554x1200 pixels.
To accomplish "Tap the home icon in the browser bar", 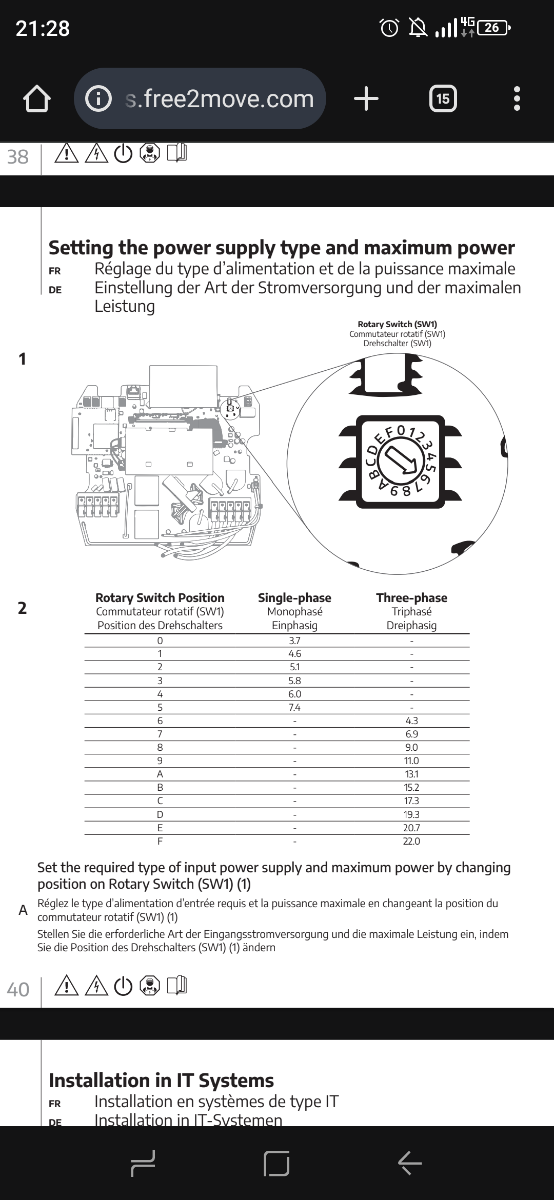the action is click(x=36, y=99).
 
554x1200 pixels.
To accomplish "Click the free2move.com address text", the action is click(x=219, y=99).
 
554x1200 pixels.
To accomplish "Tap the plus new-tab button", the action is click(x=366, y=99).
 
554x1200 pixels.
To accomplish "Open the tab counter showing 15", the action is click(x=443, y=99).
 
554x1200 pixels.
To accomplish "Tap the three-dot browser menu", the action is click(x=517, y=99).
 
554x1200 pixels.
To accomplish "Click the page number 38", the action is click(x=18, y=157).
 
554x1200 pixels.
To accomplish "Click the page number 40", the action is click(x=18, y=989).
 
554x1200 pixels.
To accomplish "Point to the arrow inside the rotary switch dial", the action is click(x=401, y=460).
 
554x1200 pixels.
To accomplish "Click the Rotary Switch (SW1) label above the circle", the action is click(x=398, y=324).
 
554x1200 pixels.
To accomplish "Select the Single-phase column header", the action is click(x=295, y=598).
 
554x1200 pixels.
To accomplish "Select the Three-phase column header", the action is click(x=411, y=598).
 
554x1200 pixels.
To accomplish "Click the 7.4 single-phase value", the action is click(x=295, y=708).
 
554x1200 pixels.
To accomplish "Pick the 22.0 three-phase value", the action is click(x=411, y=842).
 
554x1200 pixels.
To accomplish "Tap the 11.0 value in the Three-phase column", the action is click(x=411, y=761).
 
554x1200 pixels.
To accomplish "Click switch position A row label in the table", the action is click(x=160, y=774).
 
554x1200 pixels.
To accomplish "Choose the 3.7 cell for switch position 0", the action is click(x=295, y=641).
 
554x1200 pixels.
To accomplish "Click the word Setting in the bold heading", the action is click(x=81, y=249).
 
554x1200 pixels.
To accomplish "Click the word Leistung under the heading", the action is click(x=125, y=307).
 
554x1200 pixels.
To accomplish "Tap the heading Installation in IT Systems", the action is click(x=161, y=1081).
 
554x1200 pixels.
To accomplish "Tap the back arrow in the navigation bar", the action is click(x=410, y=1163).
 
